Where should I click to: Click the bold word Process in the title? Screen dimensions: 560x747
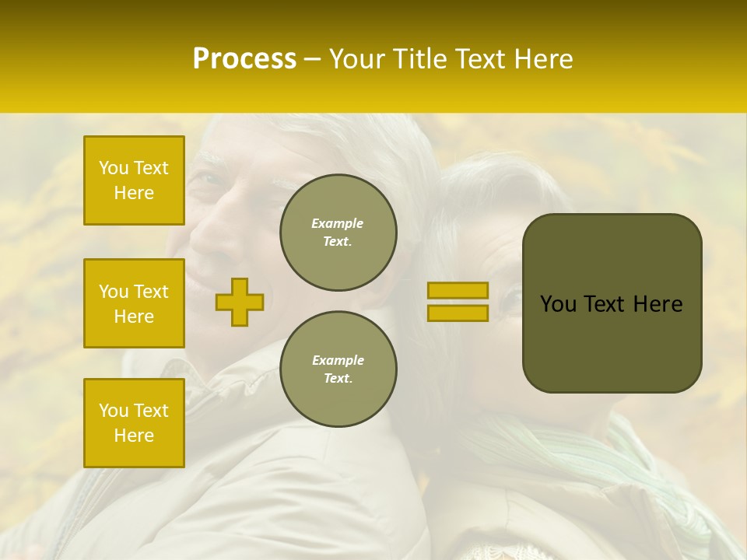pos(244,59)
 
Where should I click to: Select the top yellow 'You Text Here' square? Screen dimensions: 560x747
pos(134,180)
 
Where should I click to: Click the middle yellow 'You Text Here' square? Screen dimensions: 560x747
pos(134,303)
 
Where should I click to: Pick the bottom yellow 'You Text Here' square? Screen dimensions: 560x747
pos(134,423)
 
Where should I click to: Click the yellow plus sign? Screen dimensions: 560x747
pos(240,302)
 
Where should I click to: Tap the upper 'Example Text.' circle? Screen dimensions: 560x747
pos(338,233)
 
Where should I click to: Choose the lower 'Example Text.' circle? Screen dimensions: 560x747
pos(338,369)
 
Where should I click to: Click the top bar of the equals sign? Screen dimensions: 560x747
pos(458,290)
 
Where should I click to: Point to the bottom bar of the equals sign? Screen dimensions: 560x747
pos(458,313)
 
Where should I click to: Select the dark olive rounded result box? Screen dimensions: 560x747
pos(612,342)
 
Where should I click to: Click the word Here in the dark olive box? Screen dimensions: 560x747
pos(658,304)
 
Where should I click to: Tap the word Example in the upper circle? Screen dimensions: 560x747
pos(338,223)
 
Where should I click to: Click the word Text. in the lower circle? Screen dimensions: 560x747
pos(338,379)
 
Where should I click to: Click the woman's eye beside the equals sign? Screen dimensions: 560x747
pos(512,299)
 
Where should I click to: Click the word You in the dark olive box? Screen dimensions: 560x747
pos(558,304)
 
